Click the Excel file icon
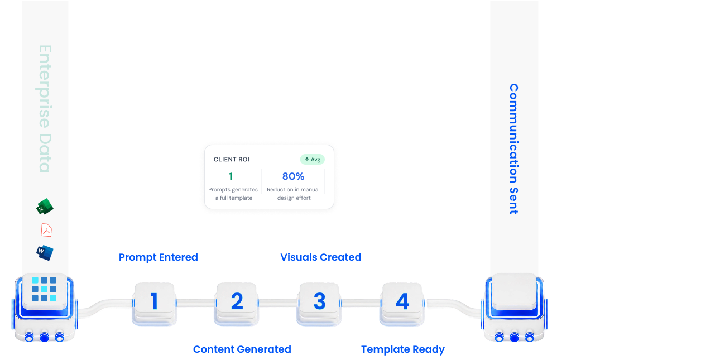coord(45,207)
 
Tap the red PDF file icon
coord(46,230)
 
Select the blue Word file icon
coord(45,253)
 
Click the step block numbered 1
coord(154,304)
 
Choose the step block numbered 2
coord(237,304)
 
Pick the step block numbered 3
coord(319,304)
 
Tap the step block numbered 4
coord(402,304)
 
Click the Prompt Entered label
coord(158,257)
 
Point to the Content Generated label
coord(242,349)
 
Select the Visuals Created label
coord(321,257)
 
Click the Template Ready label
coord(403,349)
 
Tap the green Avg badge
coord(313,160)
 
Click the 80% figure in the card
coord(293,176)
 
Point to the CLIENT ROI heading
coord(232,160)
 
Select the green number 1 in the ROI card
coord(231,176)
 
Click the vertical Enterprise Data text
coord(45,109)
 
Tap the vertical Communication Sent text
coord(513,149)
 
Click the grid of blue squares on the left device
coord(44,289)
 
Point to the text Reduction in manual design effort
coord(294,194)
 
